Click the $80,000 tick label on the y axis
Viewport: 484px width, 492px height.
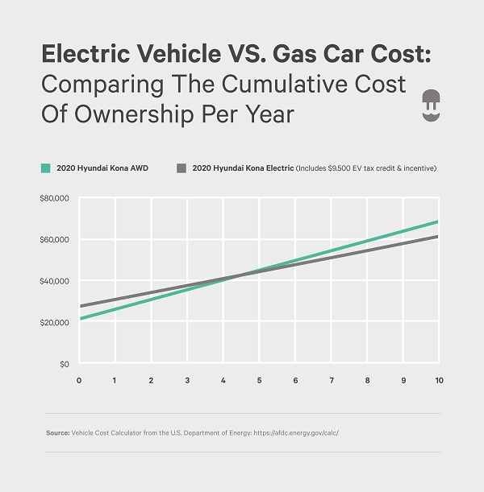click(56, 198)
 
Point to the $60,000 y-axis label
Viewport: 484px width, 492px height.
click(56, 240)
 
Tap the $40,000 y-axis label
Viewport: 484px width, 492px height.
click(56, 281)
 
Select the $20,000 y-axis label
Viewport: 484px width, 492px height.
click(56, 323)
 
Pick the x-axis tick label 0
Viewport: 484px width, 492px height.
click(79, 379)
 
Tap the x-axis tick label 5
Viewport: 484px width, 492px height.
click(259, 379)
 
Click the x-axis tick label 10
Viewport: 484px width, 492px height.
click(437, 379)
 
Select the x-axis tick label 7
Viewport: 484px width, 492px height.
click(331, 379)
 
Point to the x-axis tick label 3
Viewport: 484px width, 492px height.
click(187, 379)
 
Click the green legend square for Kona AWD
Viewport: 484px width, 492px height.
click(46, 168)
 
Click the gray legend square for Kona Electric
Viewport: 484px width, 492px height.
click(181, 168)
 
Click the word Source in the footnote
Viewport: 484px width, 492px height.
click(59, 433)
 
